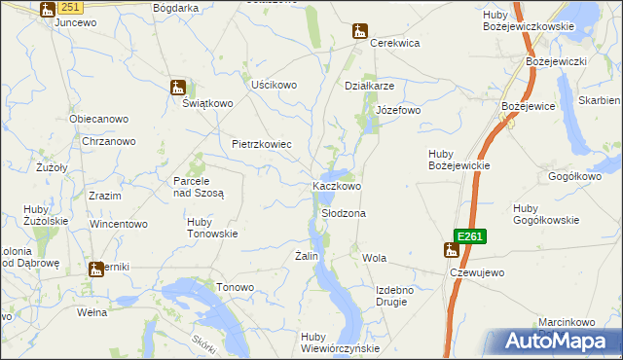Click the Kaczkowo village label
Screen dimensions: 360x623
pos(337,186)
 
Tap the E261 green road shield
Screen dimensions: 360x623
pos(468,235)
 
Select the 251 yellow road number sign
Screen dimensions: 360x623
pos(69,7)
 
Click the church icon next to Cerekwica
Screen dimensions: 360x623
pos(360,30)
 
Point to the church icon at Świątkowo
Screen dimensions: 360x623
pos(177,87)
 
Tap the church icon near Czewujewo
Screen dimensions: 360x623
pos(451,250)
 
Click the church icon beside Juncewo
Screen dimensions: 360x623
pos(48,9)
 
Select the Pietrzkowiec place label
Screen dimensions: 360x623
pos(262,144)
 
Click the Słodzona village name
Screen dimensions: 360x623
pos(344,213)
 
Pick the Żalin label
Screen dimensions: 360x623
pos(307,256)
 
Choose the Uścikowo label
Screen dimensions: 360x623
pos(274,85)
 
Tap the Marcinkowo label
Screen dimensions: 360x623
pos(567,322)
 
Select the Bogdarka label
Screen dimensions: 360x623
pos(174,7)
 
